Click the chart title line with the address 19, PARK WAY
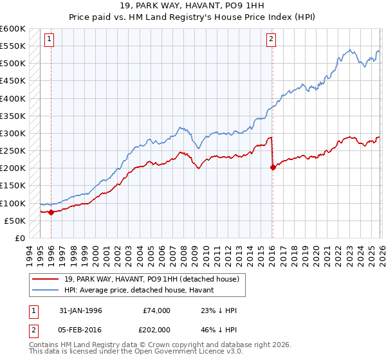(x=193, y=6)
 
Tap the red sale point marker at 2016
(x=273, y=167)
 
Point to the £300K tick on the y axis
(x=13, y=133)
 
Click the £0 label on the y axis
(x=19, y=238)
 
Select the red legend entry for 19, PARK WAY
(x=152, y=279)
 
